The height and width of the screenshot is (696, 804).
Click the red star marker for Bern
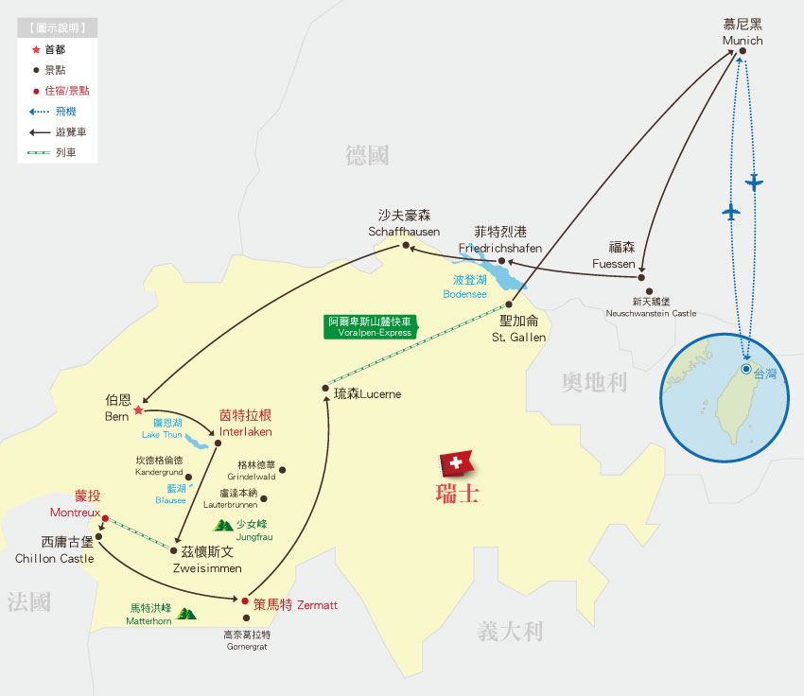(x=138, y=410)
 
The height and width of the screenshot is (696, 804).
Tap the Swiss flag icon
(x=456, y=463)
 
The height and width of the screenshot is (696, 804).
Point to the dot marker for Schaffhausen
(x=406, y=246)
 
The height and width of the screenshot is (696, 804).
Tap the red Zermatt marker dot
(x=245, y=600)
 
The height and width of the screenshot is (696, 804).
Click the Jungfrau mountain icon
(x=223, y=525)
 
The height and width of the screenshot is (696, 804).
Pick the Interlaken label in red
(x=245, y=424)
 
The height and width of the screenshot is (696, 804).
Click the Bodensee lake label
(x=464, y=287)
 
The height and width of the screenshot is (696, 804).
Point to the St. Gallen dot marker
(x=509, y=304)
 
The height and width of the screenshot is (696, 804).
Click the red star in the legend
(x=36, y=49)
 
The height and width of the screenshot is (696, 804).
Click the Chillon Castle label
(x=55, y=550)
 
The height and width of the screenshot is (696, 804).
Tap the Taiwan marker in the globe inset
(x=746, y=368)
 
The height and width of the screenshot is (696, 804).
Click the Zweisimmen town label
(x=212, y=559)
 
